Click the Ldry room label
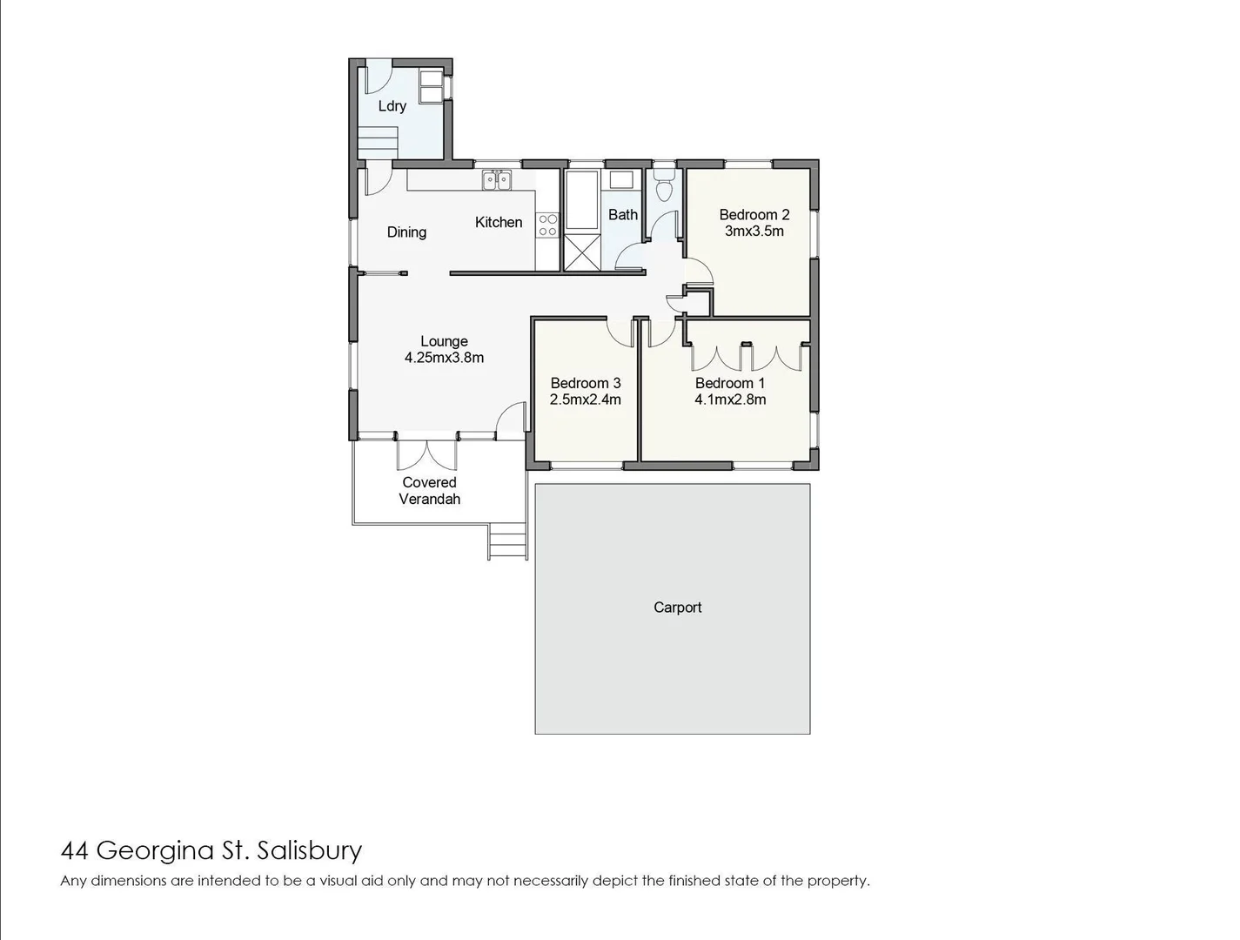click(x=392, y=106)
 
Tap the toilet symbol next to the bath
click(x=664, y=186)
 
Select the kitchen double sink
click(x=497, y=181)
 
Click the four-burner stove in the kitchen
click(x=547, y=225)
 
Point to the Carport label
click(x=677, y=608)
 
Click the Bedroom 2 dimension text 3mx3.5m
click(x=754, y=232)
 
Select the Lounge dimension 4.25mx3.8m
click(x=444, y=358)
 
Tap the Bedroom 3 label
click(x=585, y=383)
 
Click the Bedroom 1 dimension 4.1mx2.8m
click(x=729, y=399)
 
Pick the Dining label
click(x=406, y=232)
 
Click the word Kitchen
click(x=499, y=223)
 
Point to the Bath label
click(x=622, y=215)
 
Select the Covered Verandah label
click(x=429, y=491)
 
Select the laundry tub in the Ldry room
click(x=431, y=85)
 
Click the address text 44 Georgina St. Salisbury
click(x=211, y=850)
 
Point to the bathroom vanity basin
click(x=620, y=180)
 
